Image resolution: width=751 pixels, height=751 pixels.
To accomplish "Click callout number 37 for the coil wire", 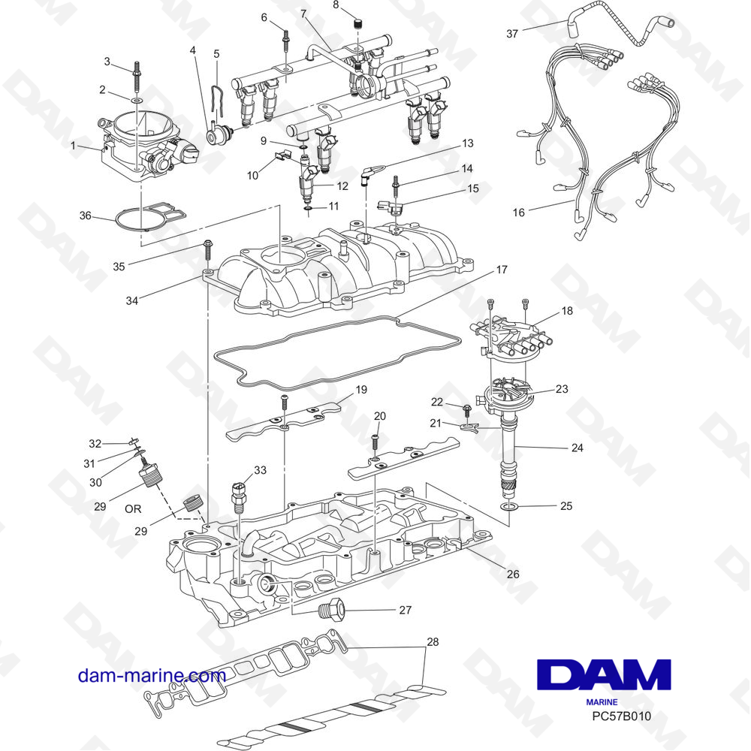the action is click(x=512, y=34).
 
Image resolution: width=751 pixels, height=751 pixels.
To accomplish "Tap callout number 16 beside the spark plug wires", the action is click(x=519, y=213).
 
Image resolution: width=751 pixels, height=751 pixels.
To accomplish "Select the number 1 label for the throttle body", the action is click(x=73, y=145).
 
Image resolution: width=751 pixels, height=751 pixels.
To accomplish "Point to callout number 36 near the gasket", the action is click(x=86, y=216).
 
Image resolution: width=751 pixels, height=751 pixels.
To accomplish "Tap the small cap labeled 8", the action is click(x=357, y=23).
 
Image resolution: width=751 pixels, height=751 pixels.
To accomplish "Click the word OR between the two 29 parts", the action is click(x=133, y=508).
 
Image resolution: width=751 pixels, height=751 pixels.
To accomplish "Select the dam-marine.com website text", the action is click(x=152, y=675).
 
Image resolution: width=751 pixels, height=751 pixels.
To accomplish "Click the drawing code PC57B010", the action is click(x=621, y=716).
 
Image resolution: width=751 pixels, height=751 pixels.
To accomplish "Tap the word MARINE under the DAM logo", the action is click(x=602, y=702).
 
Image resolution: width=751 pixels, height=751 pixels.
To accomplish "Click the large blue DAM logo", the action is click(x=604, y=674).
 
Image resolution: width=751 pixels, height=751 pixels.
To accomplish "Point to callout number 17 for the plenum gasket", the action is click(x=502, y=270).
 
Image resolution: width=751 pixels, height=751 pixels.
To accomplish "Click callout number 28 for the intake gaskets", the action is click(x=433, y=641).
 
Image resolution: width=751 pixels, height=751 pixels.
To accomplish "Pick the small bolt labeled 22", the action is click(x=466, y=409).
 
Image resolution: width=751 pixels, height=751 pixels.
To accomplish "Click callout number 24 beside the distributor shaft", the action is click(x=577, y=448).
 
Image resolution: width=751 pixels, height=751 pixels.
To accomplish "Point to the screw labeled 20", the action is click(x=375, y=442).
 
